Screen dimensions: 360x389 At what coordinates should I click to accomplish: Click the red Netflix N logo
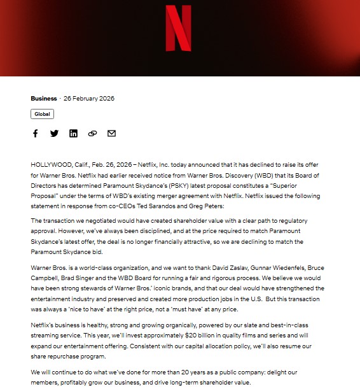point(178,28)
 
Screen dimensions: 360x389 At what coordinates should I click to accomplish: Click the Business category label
point(43,99)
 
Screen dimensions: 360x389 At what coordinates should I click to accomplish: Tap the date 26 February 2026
point(88,99)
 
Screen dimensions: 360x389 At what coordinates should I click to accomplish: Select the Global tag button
point(42,114)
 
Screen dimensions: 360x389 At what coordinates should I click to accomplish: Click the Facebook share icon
point(36,133)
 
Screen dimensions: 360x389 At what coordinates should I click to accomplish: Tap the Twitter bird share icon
point(54,133)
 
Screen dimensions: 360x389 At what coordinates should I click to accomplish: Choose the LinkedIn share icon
point(73,133)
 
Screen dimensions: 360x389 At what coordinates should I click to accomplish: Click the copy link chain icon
point(92,133)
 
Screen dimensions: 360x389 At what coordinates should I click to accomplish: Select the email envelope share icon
point(111,133)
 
